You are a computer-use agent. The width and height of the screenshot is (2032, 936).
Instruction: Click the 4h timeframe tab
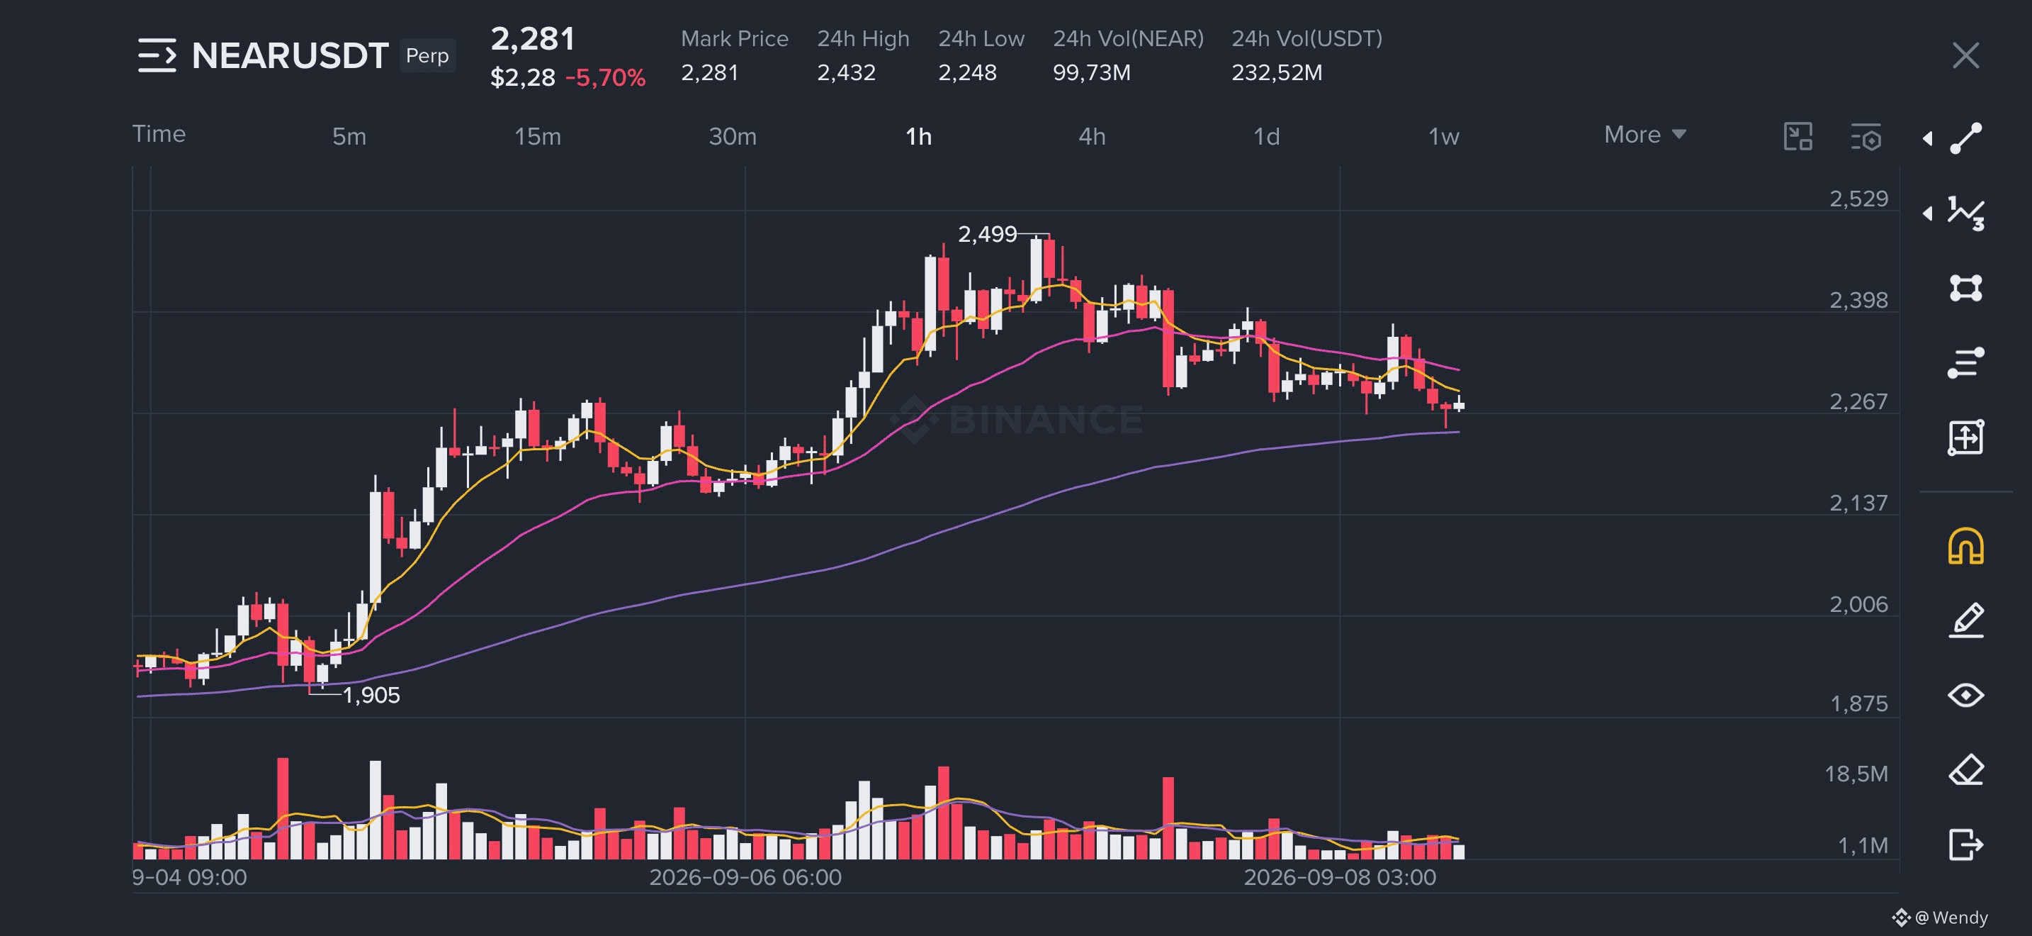1092,137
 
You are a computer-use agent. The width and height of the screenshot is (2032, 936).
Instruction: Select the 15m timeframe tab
537,137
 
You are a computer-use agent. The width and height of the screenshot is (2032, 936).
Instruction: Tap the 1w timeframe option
1443,137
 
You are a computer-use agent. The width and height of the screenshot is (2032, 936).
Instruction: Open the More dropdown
1644,134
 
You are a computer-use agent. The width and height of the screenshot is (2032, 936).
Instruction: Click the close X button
1965,55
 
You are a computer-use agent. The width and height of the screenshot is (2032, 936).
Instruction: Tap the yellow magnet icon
1965,546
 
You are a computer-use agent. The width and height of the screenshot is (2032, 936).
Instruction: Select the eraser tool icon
1965,769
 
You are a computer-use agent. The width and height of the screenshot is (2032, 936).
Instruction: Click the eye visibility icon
1965,696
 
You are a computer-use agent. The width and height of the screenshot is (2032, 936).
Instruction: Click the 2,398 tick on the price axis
1858,300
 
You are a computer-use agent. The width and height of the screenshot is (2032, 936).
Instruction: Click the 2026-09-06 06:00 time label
745,877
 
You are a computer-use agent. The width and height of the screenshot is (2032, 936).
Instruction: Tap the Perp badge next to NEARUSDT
427,55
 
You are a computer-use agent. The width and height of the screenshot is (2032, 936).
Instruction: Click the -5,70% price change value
605,77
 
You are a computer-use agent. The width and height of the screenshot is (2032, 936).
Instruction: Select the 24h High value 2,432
846,72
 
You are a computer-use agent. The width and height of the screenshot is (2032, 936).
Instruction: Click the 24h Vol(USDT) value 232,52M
1276,72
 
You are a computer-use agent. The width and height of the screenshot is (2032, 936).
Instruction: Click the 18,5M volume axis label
1856,774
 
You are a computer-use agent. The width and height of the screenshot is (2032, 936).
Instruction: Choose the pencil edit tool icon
1965,620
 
